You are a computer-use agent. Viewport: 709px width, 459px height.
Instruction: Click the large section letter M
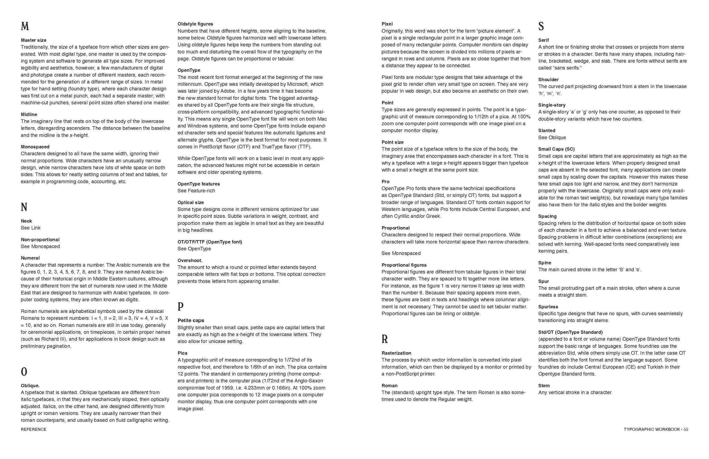point(25,27)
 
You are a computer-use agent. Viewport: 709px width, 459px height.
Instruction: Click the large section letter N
point(24,207)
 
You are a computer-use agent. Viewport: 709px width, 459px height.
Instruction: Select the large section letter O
point(24,372)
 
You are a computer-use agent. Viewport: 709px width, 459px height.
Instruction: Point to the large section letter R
point(385,339)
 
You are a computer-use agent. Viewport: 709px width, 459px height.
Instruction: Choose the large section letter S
point(541,27)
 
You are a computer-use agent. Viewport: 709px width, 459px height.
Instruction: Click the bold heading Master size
point(33,40)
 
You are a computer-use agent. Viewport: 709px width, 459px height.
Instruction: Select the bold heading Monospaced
point(35,147)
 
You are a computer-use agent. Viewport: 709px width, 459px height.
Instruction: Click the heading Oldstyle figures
point(195,24)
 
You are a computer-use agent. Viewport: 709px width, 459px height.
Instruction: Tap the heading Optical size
point(191,202)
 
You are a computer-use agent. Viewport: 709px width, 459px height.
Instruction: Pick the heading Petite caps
point(191,320)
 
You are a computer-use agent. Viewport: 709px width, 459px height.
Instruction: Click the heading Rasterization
point(396,353)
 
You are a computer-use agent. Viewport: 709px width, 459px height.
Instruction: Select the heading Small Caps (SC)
point(556,149)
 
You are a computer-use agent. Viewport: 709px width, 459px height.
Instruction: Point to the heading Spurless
point(548,307)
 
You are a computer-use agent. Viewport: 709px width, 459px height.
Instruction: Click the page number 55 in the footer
point(686,429)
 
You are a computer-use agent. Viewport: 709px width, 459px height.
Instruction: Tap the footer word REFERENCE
point(33,429)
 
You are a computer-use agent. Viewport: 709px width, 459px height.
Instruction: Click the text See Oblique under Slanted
point(552,137)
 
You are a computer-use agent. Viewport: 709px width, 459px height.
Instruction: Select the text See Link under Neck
point(30,228)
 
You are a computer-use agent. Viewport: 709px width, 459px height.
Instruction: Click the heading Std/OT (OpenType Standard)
point(570,332)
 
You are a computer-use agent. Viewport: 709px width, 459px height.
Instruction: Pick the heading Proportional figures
point(404,265)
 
